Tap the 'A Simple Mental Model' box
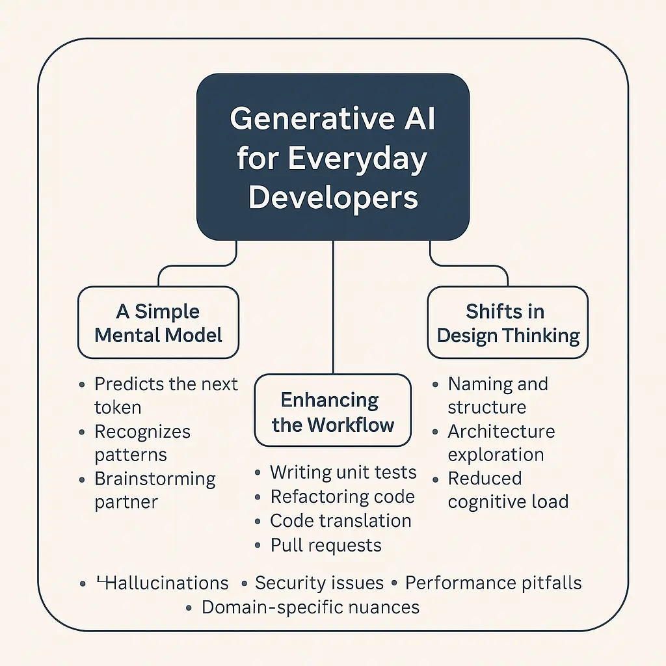(158, 323)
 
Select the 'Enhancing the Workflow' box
(333, 411)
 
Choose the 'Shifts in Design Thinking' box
(508, 323)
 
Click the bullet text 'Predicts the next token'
(166, 395)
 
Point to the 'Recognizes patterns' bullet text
(142, 443)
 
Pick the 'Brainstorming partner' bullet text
(155, 490)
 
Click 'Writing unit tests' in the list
(343, 472)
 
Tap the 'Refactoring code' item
(342, 496)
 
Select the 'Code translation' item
(341, 520)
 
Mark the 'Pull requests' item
(326, 545)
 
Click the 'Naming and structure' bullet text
(498, 395)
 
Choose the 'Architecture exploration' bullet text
(501, 443)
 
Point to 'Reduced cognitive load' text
(508, 490)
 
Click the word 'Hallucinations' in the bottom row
(166, 583)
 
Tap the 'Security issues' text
(319, 583)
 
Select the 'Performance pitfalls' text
(493, 583)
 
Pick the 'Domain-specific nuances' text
(310, 607)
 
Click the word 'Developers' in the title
(333, 197)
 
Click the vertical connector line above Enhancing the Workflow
(333, 306)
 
